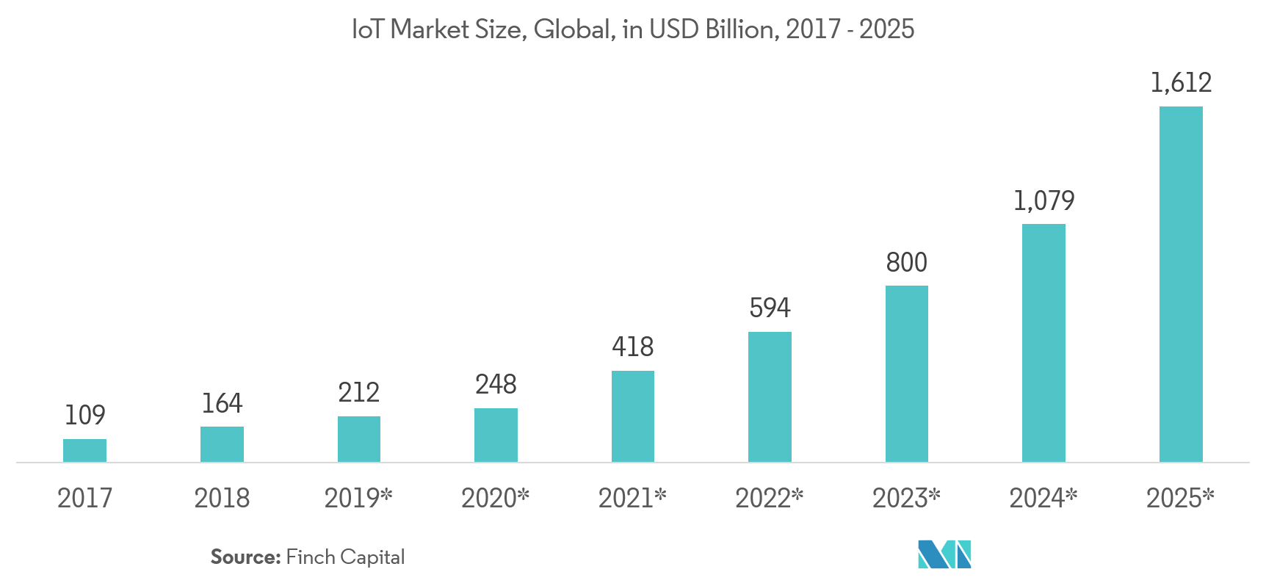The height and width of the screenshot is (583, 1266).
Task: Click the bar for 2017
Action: pos(84,450)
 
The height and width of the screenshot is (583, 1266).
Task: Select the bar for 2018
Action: pos(222,444)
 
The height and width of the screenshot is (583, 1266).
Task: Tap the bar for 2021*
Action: pos(633,416)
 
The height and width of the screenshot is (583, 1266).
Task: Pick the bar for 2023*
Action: pos(907,374)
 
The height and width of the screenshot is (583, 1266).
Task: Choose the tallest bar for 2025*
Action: pos(1181,284)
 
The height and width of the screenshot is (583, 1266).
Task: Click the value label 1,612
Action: pos(1181,83)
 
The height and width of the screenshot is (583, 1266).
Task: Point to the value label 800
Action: pos(907,263)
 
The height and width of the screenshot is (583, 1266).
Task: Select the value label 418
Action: pos(633,347)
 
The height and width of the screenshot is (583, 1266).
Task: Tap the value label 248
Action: pos(496,385)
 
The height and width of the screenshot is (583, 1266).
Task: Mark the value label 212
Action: pos(359,393)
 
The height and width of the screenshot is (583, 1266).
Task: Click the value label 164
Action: pos(222,403)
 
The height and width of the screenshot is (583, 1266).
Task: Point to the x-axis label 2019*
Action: pos(358,499)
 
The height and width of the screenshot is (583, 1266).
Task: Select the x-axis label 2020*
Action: pos(496,499)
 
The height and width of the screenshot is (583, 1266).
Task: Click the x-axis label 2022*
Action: pos(770,499)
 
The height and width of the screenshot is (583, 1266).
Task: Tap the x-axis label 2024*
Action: pos(1043,499)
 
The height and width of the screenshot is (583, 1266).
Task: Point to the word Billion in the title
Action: pos(741,29)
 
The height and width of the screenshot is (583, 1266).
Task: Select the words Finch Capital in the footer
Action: pos(345,557)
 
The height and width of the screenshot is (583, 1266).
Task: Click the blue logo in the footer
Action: pos(944,554)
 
